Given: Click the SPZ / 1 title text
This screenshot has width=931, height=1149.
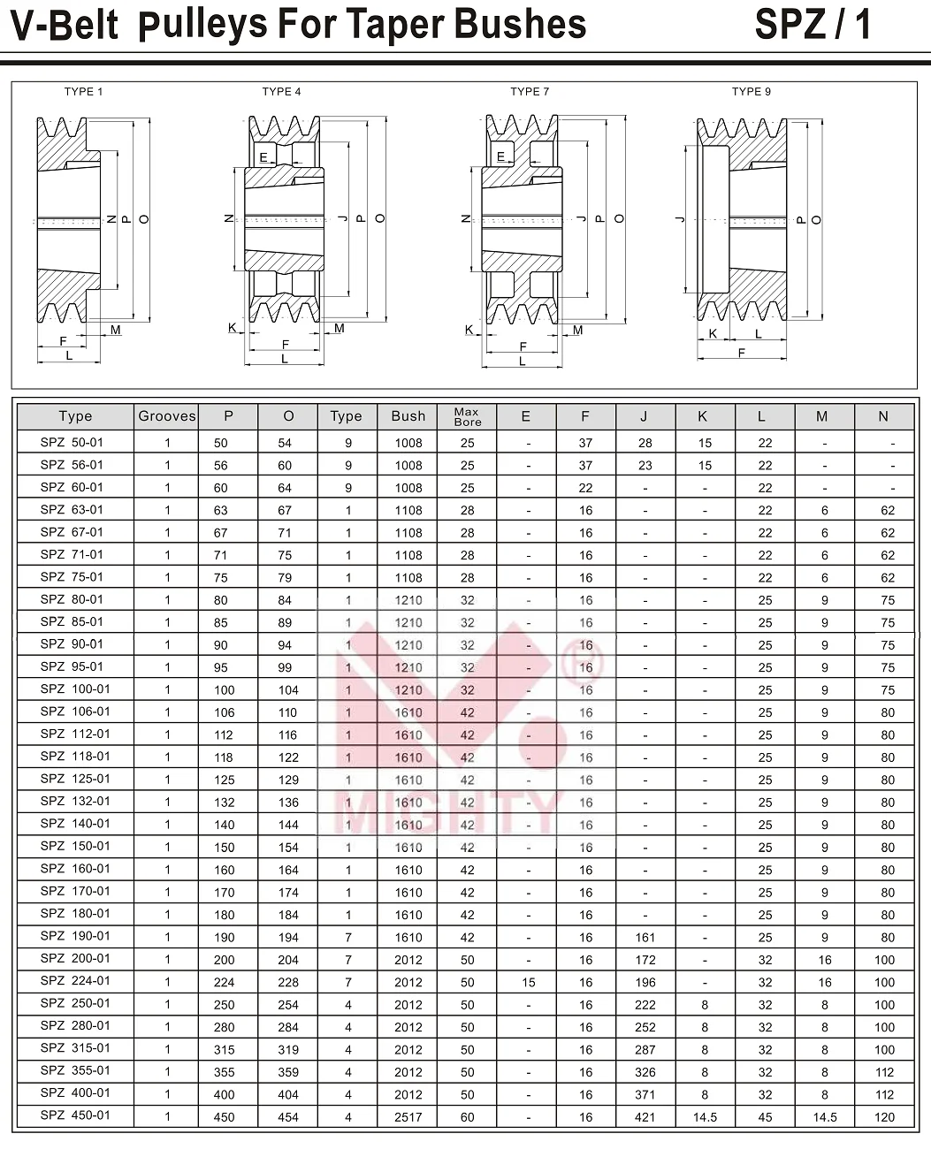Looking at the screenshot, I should [813, 25].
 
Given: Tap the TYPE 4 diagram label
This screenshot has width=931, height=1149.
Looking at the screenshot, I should [281, 92].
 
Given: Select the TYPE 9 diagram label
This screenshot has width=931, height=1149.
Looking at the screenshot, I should [751, 92].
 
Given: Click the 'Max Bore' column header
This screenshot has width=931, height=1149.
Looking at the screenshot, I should [467, 416].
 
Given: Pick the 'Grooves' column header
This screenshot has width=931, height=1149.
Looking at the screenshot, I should [167, 416].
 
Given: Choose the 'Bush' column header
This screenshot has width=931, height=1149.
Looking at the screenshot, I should [408, 416].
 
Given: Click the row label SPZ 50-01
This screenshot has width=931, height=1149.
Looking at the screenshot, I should [72, 443].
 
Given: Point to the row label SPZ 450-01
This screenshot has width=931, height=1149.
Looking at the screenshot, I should [75, 1115].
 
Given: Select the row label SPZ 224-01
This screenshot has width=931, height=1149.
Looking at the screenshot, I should [75, 981].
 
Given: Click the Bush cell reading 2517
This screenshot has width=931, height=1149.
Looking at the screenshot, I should [408, 1117].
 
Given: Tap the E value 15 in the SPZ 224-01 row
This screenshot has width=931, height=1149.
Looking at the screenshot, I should [528, 982].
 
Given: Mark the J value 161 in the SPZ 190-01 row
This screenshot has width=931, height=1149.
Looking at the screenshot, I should [645, 938].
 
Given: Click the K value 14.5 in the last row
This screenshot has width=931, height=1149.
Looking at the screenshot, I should [705, 1117].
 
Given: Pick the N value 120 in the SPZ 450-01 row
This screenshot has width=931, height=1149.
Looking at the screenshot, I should [884, 1117].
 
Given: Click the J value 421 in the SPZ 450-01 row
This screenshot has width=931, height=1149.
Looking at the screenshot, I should [645, 1117].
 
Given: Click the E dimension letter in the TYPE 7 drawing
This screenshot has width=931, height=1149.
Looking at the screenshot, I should [500, 157].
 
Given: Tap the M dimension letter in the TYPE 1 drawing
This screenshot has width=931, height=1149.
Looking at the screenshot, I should [116, 331].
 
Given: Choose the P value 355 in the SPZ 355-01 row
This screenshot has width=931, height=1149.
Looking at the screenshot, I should [224, 1072].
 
